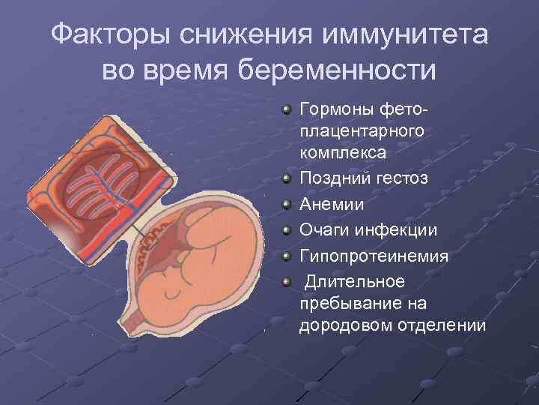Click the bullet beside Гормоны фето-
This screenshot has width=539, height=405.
(287, 110)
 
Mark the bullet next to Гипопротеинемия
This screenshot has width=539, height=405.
(287, 256)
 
